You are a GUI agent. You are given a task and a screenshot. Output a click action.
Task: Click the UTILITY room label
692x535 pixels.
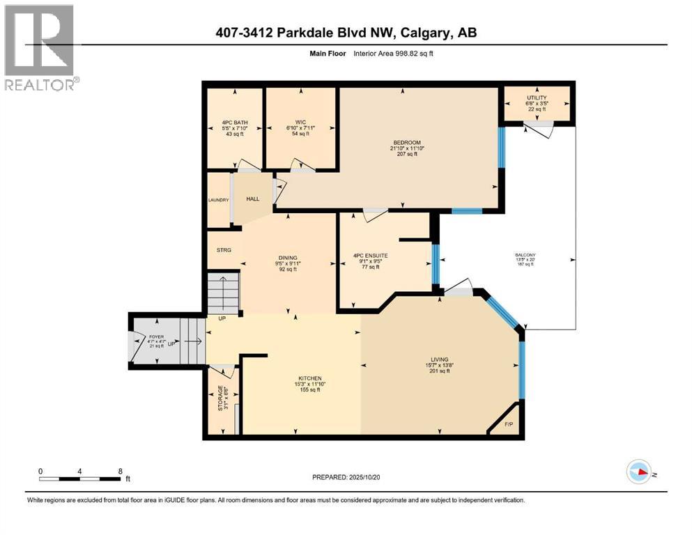point(537,98)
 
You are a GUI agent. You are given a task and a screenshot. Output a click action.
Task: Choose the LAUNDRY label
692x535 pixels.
point(219,201)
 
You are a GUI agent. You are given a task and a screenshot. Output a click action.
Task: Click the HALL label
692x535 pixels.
point(252,199)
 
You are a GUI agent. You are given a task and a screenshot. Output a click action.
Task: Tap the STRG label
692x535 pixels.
point(223,249)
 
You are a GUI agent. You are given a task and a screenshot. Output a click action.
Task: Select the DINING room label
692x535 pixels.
point(288,258)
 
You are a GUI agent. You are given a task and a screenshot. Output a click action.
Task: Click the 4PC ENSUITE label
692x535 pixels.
point(370,256)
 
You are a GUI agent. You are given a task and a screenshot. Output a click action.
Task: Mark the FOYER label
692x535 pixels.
point(157,337)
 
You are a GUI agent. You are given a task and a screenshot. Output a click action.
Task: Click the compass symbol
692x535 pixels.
point(640,472)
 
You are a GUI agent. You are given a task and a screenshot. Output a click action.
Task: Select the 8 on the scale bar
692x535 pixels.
point(120,471)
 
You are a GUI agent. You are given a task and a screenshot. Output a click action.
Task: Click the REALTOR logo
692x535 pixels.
point(39,47)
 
